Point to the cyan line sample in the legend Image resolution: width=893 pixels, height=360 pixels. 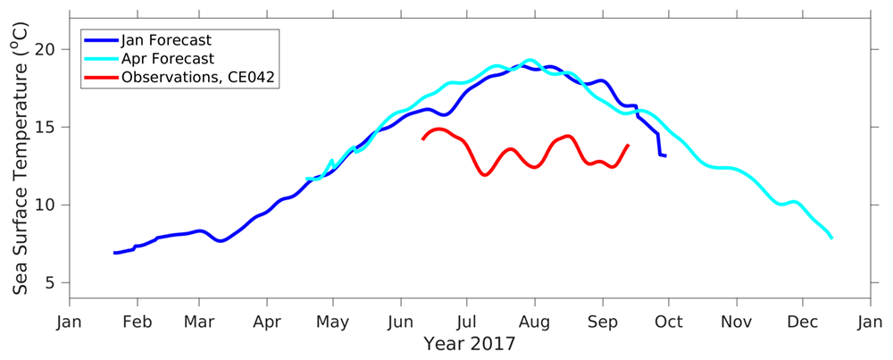(101, 59)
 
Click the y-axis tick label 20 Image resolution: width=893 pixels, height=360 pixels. (48, 49)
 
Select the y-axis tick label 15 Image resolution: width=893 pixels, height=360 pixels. (48, 127)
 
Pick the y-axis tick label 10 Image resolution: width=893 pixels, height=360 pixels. (48, 205)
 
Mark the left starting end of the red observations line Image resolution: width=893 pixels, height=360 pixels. (422, 139)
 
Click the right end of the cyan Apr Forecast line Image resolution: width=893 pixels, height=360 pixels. (832, 239)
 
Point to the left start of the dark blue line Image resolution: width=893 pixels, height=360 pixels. (114, 253)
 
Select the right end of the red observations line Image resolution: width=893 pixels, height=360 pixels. (629, 145)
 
